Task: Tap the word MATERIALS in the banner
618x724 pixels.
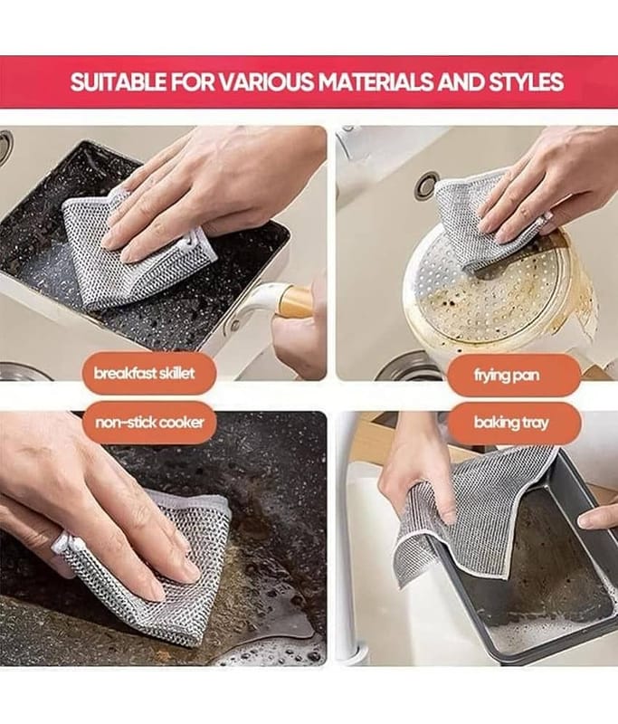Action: (x=376, y=81)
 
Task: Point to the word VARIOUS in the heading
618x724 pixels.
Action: (x=265, y=81)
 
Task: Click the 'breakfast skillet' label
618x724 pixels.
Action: (x=145, y=373)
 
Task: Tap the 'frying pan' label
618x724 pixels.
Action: (x=507, y=375)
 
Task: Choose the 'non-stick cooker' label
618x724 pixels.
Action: (x=149, y=423)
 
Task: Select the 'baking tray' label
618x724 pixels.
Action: (x=511, y=423)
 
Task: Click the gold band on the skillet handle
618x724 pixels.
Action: (x=294, y=301)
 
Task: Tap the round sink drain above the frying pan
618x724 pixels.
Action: (x=426, y=185)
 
